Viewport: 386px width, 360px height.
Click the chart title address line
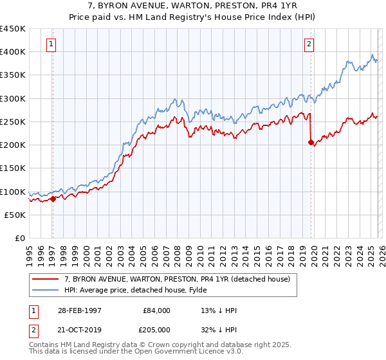pyautogui.click(x=193, y=6)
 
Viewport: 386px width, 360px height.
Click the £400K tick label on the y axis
pyautogui.click(x=13, y=52)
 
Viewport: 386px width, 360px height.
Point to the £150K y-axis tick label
pyautogui.click(x=13, y=168)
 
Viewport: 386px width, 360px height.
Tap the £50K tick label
pyautogui.click(x=15, y=215)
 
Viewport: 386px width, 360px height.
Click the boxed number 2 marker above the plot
pyautogui.click(x=309, y=44)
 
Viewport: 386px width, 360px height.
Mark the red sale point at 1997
pyautogui.click(x=53, y=199)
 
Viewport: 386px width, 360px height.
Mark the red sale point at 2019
pyautogui.click(x=311, y=143)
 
